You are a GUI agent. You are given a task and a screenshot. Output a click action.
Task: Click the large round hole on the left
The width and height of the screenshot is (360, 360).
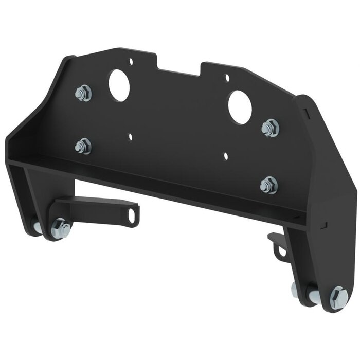coord(119,85)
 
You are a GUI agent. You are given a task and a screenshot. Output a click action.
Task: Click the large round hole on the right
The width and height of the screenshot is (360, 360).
coord(240,107)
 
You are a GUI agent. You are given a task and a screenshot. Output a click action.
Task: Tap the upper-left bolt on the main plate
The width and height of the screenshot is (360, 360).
coord(83,94)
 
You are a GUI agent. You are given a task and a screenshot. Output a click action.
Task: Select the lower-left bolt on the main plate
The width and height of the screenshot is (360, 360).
coord(83,146)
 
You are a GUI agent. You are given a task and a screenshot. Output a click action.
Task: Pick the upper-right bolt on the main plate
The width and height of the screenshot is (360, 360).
coord(270,128)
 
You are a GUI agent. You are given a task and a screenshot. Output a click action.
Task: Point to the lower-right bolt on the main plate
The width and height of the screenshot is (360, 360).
coord(268,185)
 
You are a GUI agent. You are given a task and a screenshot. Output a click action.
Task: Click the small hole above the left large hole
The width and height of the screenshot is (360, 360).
coord(131,62)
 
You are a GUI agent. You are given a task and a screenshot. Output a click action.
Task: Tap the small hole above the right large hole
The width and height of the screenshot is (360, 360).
coord(227,78)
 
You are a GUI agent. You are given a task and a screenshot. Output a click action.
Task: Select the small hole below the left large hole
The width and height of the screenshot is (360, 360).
coord(131,137)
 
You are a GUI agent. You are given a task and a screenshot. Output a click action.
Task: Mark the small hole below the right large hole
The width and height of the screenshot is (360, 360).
coord(225,155)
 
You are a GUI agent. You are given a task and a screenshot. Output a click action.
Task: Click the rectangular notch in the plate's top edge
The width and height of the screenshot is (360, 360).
coord(178,66)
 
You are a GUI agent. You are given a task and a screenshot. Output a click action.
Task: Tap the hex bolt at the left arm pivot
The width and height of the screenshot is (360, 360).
coord(62,228)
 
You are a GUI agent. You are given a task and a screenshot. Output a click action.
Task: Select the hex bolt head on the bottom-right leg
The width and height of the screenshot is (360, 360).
coord(338,297)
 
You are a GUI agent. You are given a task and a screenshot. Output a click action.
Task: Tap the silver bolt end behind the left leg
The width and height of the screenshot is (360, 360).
coord(37,227)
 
